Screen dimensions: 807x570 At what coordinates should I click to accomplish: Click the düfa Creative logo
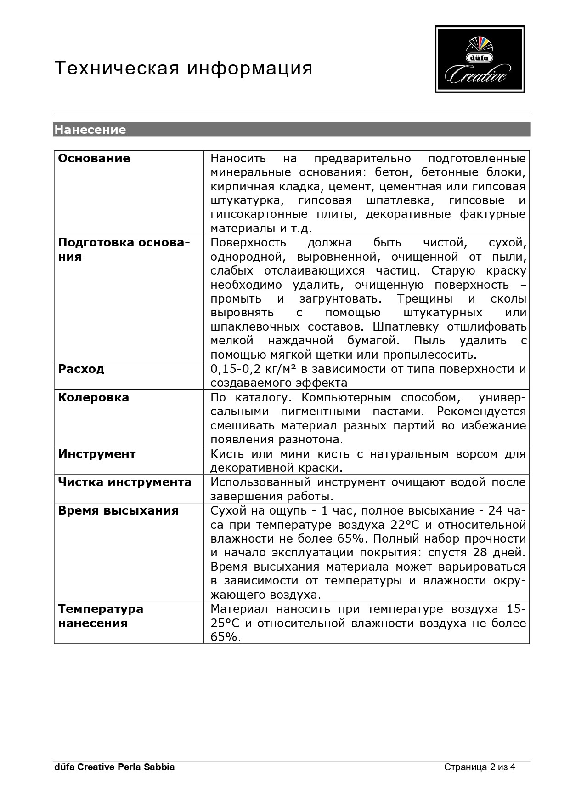click(480, 59)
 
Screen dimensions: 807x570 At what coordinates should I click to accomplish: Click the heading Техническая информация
click(184, 69)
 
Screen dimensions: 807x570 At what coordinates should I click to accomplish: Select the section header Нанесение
click(90, 130)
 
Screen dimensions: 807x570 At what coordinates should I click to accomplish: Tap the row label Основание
click(94, 159)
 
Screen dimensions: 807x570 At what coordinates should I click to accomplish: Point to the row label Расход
click(81, 369)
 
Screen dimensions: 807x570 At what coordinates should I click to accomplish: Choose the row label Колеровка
click(94, 398)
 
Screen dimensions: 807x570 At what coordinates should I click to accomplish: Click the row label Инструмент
click(97, 454)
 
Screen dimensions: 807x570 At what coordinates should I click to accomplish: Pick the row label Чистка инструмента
click(125, 482)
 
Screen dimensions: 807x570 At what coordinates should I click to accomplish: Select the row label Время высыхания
click(119, 511)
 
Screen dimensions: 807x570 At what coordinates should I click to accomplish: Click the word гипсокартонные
click(259, 215)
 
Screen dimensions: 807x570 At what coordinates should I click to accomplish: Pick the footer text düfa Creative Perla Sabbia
click(114, 767)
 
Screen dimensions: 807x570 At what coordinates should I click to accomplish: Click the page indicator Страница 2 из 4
click(480, 767)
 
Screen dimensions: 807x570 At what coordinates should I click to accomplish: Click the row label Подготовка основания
click(124, 250)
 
